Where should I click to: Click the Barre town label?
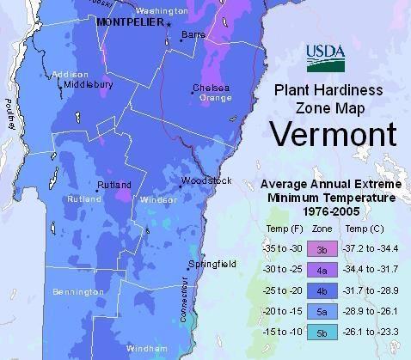193,35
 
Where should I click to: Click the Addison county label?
70,75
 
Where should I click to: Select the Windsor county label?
158,199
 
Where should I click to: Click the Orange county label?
216,98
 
